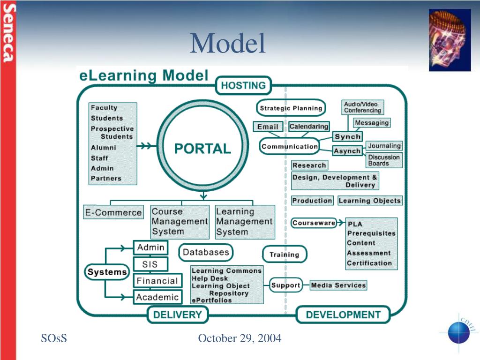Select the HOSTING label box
243,85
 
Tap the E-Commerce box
113,212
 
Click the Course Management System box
180,222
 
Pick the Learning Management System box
245,222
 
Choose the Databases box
206,252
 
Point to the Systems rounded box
107,272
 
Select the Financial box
157,281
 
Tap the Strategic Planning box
291,108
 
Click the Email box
268,127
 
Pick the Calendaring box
309,127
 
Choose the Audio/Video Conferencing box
362,107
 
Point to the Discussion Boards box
384,160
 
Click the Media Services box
338,285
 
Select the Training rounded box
284,255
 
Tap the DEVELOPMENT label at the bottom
343,315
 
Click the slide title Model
228,43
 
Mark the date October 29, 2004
240,338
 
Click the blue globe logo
458,332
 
